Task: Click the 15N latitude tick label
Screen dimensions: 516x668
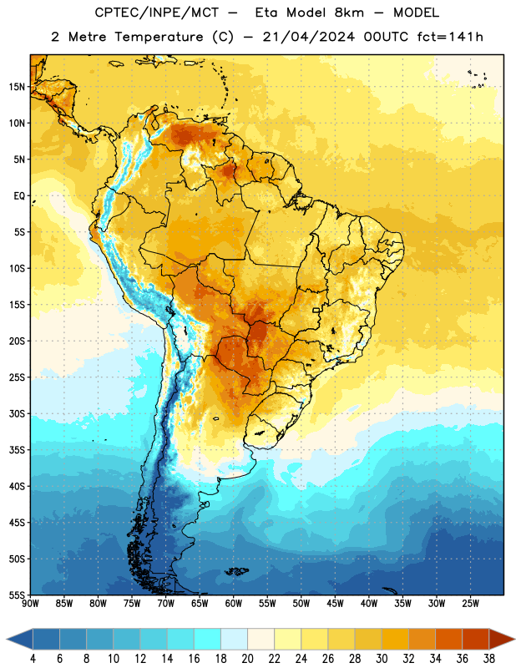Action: tap(17, 87)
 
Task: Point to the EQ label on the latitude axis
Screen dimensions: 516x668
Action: tap(19, 196)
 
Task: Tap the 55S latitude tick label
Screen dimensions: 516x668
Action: tap(17, 595)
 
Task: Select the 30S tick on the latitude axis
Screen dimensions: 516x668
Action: tap(17, 413)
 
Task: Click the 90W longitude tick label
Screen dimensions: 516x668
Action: tap(31, 604)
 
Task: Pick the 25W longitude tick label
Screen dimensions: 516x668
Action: tap(470, 604)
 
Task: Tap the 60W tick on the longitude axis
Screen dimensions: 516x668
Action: tap(234, 604)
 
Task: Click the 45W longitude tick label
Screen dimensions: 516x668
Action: tap(336, 604)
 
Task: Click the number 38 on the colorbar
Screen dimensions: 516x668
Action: tap(489, 659)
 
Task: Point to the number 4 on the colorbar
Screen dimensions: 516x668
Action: tap(33, 659)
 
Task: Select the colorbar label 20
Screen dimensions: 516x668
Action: tap(247, 659)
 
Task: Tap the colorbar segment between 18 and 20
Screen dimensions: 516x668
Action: tap(234, 640)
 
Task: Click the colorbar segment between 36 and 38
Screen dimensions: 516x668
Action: tap(476, 640)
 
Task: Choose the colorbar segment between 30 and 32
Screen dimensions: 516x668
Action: tap(395, 640)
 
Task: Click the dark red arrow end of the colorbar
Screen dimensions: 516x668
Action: tap(502, 640)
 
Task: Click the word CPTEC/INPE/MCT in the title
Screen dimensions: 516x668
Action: tap(157, 13)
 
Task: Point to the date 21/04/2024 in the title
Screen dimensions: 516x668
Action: tap(308, 37)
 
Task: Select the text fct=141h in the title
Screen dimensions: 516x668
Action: tap(450, 37)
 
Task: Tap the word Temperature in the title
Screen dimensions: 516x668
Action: tap(159, 38)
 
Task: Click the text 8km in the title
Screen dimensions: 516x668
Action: tap(349, 13)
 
